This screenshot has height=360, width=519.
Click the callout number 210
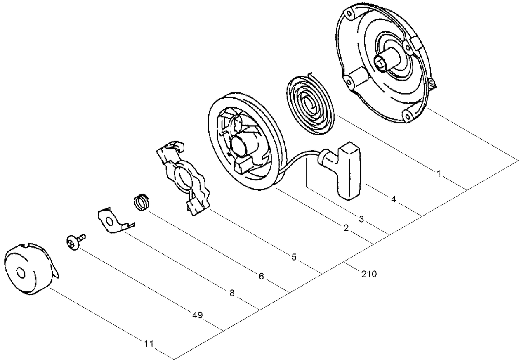[x=368, y=273]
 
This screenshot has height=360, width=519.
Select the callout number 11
[x=149, y=343]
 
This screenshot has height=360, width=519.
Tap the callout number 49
[x=197, y=315]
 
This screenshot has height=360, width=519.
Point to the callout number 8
[x=232, y=293]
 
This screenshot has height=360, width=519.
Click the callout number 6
[x=261, y=276]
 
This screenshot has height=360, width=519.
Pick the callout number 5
[x=294, y=257]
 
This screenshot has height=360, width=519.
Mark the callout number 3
[x=361, y=219]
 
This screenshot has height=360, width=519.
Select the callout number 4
[x=393, y=199]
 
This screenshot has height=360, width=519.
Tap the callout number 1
[x=439, y=174]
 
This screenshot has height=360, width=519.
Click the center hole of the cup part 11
[x=20, y=273]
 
